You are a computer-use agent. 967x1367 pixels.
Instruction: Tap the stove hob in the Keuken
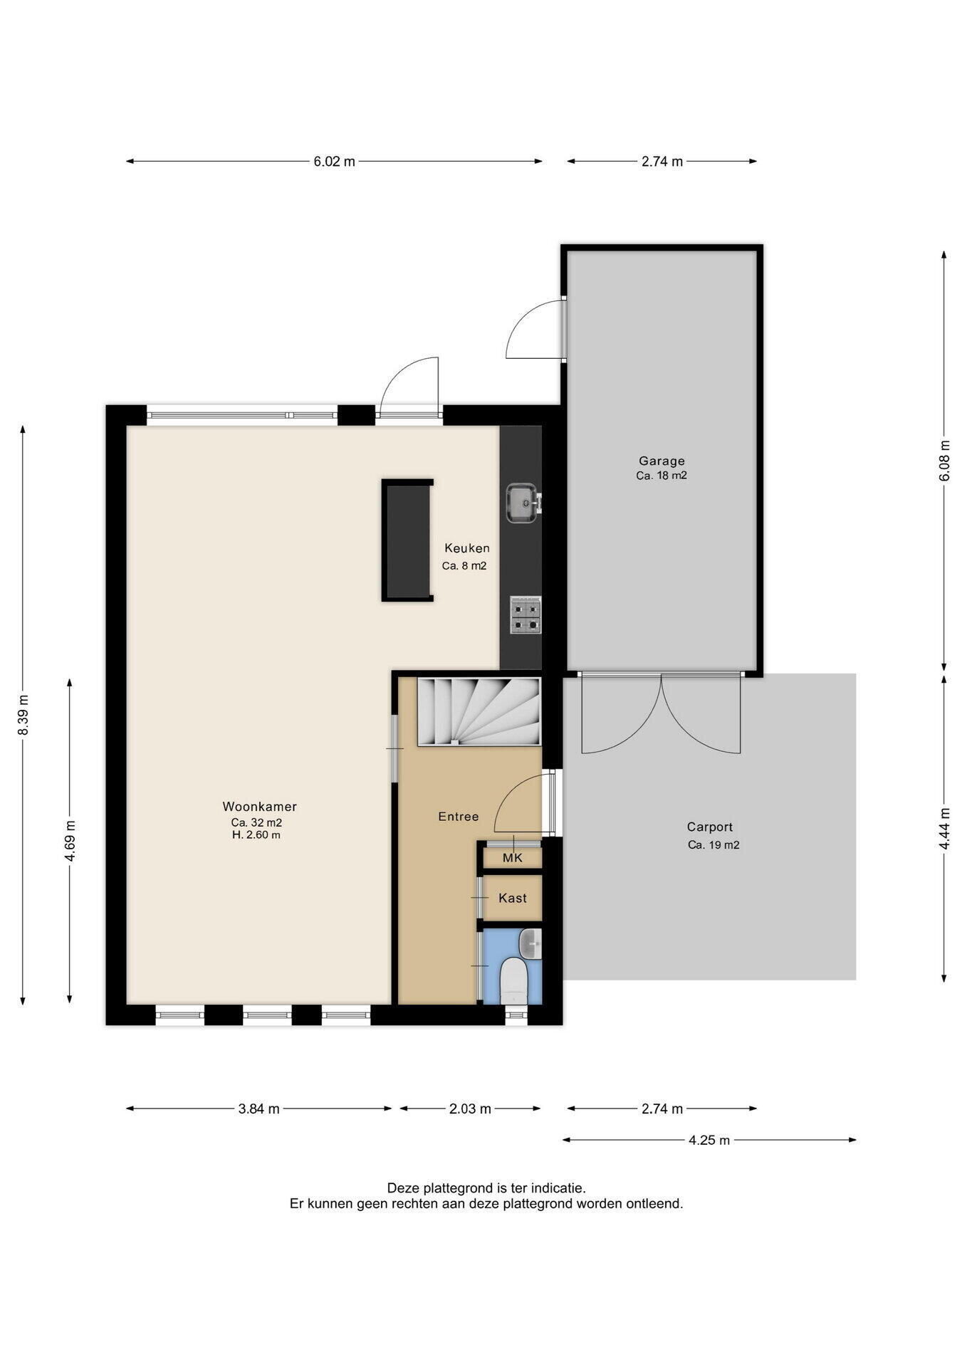pos(526,615)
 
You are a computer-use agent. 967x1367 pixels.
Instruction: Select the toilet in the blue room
pos(513,981)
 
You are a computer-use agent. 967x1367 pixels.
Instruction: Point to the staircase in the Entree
pos(479,711)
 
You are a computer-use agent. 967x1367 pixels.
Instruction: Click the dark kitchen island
pos(407,540)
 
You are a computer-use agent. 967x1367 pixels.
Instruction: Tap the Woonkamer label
pos(259,807)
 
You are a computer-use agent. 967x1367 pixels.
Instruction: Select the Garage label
pos(662,461)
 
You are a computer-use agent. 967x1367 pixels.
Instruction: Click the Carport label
pos(709,827)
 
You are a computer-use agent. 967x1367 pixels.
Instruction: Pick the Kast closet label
pos(513,898)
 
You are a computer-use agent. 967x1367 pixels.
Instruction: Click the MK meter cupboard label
pos(513,858)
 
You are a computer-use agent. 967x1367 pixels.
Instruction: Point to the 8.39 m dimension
pos(23,715)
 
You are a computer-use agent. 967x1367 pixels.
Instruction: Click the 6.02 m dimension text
pos(334,162)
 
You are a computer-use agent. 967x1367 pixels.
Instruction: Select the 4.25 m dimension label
pos(709,1140)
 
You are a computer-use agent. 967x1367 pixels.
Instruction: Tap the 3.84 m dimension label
pos(259,1109)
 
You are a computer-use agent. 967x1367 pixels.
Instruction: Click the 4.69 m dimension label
pos(70,841)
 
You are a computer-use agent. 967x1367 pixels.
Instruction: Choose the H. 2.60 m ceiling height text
pos(256,834)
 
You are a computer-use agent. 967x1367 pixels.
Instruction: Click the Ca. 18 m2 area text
pos(662,476)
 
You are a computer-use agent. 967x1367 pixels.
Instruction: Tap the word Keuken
pos(467,548)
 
